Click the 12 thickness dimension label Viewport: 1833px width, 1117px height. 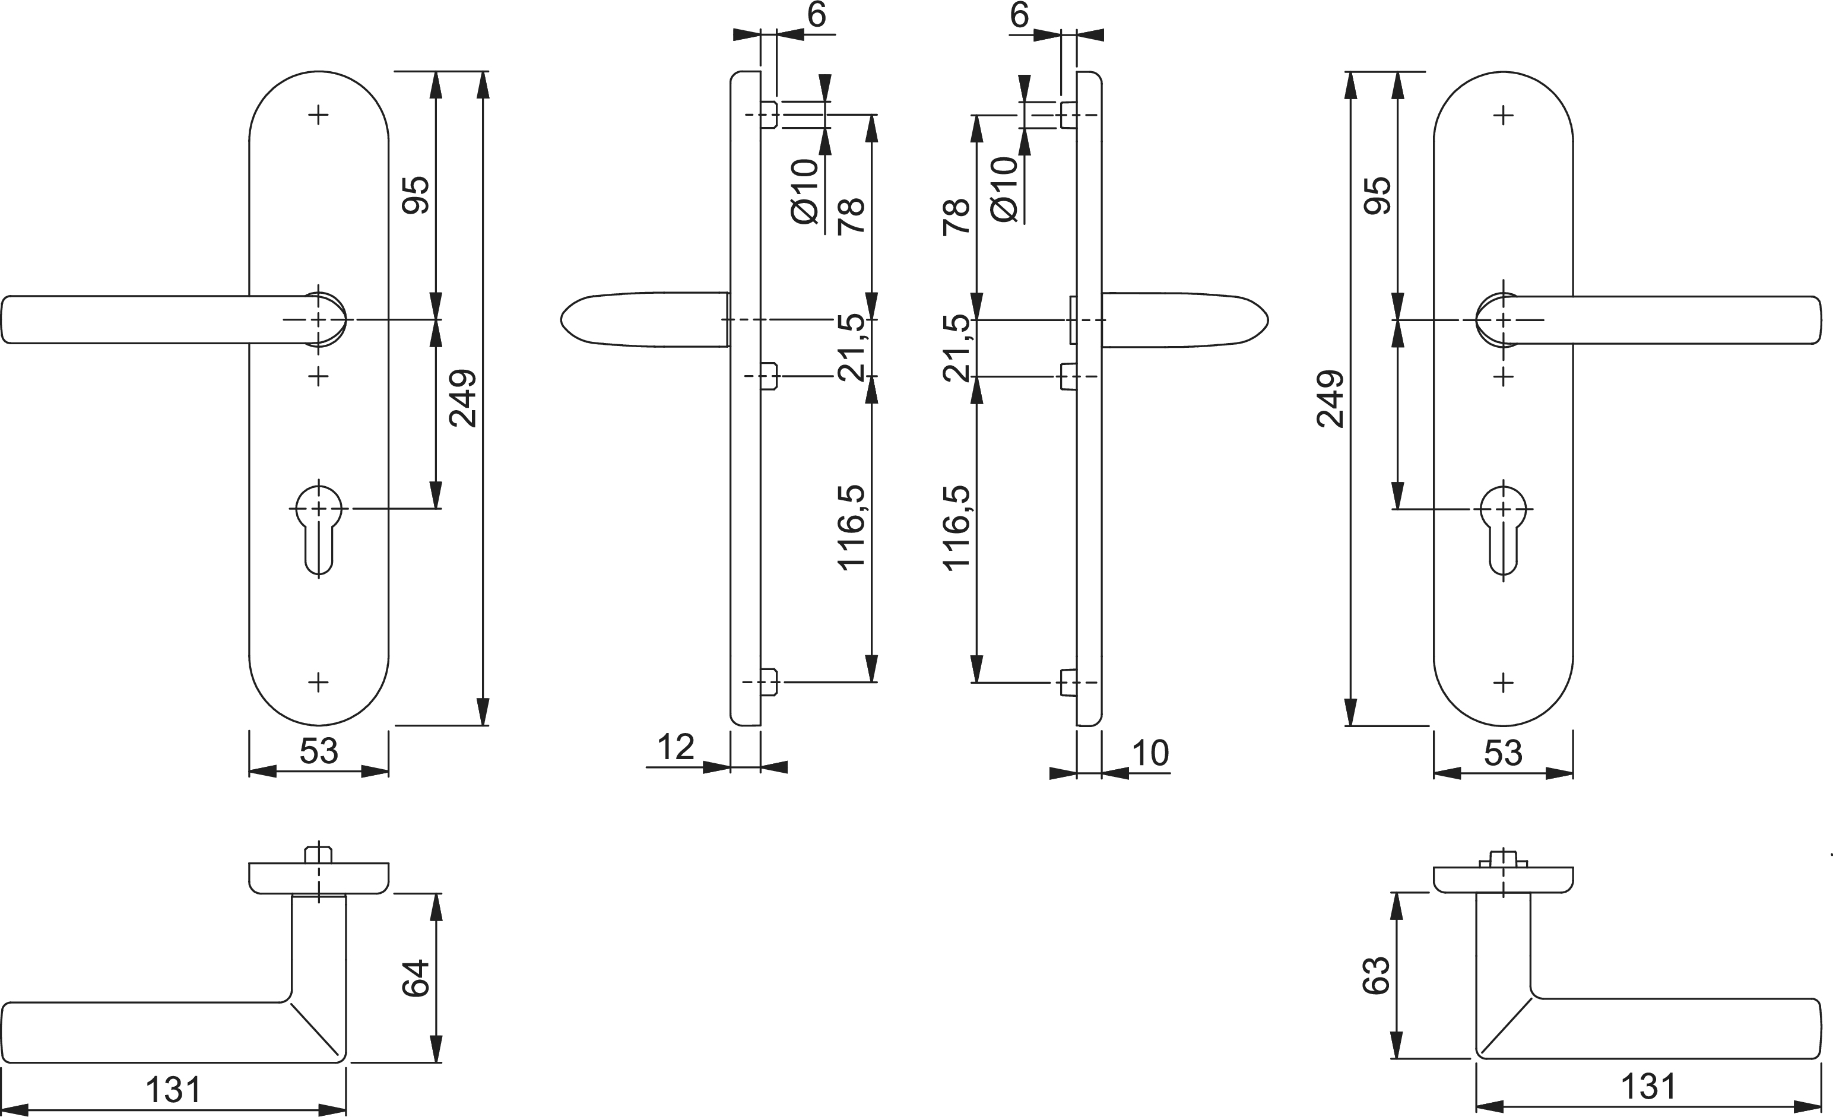click(676, 747)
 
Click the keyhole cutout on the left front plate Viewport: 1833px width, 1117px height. click(319, 529)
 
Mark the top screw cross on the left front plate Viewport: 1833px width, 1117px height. click(318, 115)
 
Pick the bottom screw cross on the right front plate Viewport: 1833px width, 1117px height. click(1504, 683)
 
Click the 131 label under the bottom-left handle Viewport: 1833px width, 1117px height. click(173, 1090)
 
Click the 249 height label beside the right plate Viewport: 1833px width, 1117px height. click(1330, 399)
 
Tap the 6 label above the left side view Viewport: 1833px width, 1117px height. click(816, 15)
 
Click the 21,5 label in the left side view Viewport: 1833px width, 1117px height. click(852, 348)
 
